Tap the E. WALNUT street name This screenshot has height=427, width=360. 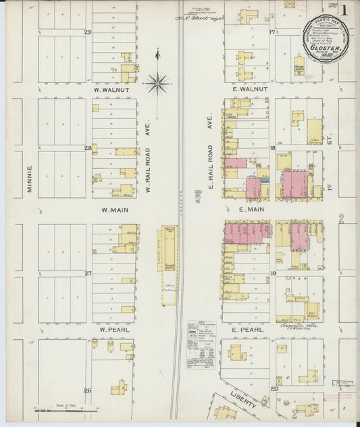[x=251, y=89]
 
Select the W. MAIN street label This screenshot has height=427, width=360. [x=115, y=210]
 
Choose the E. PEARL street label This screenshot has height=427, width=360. [x=247, y=329]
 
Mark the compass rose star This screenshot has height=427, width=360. [x=157, y=83]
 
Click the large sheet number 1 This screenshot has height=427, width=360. [x=344, y=11]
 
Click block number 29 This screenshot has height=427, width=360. [x=87, y=32]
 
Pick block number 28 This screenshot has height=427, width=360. [x=87, y=147]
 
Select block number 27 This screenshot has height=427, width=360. [x=87, y=273]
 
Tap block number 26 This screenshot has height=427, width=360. [x=87, y=390]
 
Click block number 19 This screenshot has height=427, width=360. [x=274, y=273]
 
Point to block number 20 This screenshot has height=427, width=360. [x=274, y=388]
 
